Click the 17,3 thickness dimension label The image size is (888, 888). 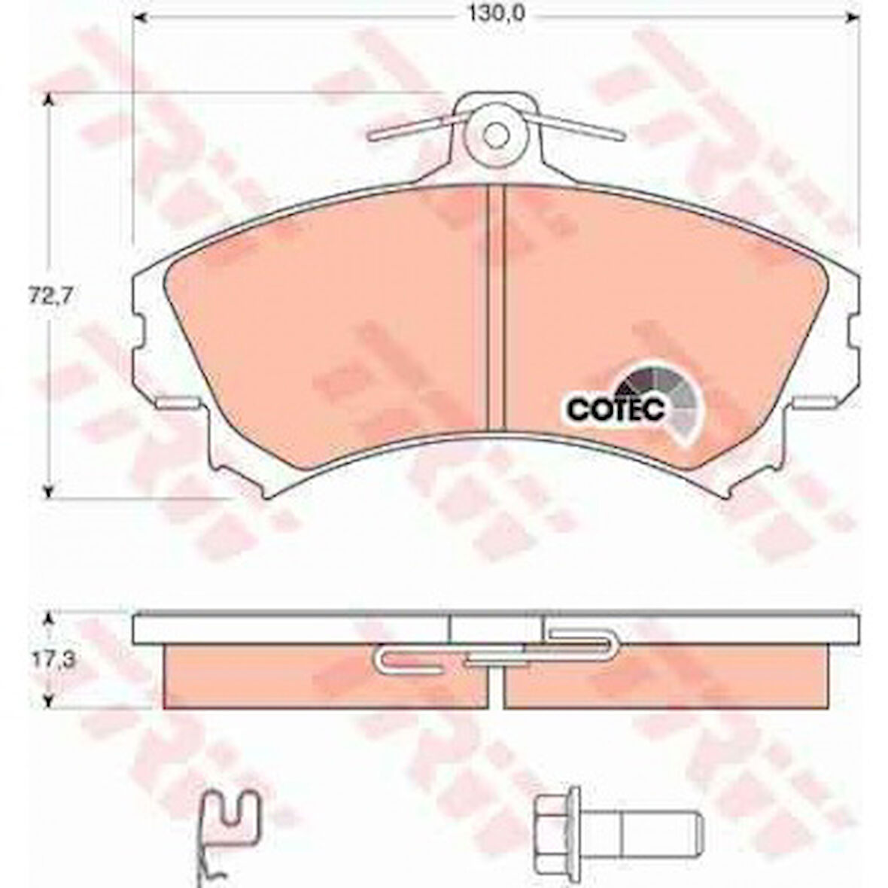[x=52, y=660]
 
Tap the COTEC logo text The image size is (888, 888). [x=616, y=409]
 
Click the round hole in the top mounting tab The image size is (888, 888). [x=495, y=135]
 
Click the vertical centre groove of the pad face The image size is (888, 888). [x=496, y=308]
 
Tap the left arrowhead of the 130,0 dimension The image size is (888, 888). [x=141, y=17]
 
